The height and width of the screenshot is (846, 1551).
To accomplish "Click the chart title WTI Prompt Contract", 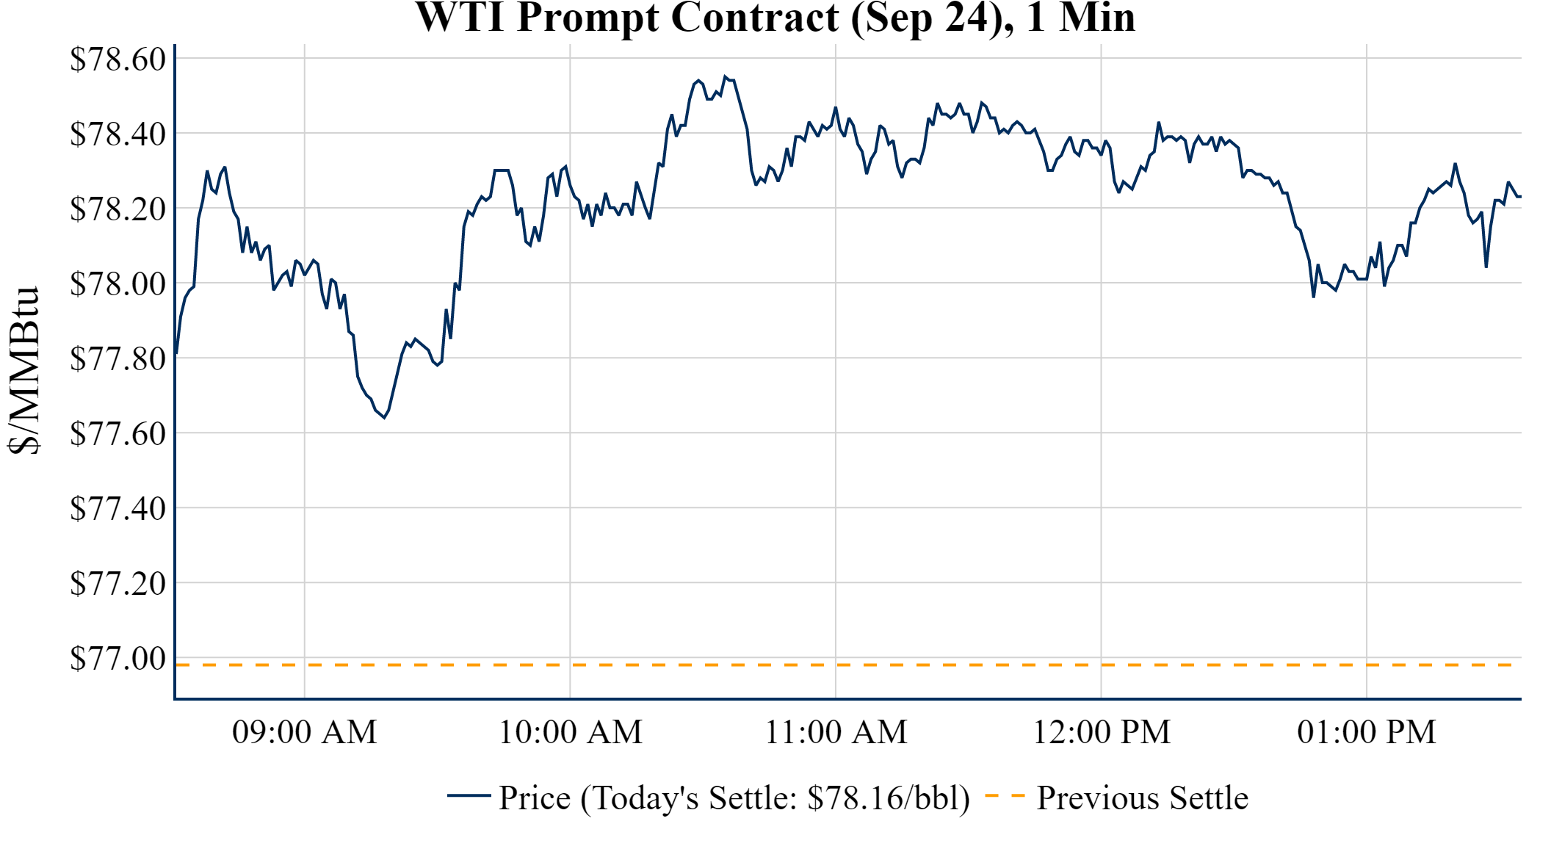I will (775, 18).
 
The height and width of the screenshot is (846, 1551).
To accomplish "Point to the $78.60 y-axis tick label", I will (117, 59).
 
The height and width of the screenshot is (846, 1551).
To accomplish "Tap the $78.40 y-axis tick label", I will (117, 134).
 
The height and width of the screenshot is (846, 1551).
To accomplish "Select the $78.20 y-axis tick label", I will (117, 209).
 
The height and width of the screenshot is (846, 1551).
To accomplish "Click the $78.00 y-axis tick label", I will (117, 284).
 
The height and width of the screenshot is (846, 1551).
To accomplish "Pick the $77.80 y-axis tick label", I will (117, 359).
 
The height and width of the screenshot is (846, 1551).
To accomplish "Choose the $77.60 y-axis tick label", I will (117, 434).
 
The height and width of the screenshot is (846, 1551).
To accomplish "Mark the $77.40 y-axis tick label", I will (117, 509).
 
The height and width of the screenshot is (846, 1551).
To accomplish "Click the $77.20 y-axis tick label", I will (117, 584).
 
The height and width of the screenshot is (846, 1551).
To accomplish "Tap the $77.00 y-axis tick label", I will (117, 659).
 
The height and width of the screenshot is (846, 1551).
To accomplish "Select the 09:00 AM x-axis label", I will (305, 732).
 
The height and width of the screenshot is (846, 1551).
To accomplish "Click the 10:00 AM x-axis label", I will (571, 732).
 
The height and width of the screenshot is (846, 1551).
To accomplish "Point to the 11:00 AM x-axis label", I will (836, 732).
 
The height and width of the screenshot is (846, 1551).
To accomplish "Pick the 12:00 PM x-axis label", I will (1102, 732).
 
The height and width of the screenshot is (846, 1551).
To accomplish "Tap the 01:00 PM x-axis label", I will (1367, 732).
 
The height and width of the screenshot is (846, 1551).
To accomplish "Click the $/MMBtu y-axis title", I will (23, 371).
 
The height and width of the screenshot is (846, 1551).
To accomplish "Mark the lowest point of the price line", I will (384, 418).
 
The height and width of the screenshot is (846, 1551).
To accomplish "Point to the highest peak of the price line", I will (725, 76).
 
